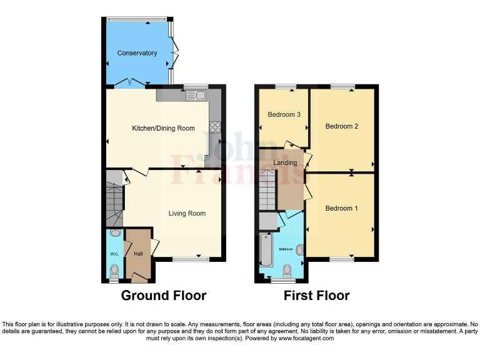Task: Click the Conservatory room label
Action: (x=137, y=53)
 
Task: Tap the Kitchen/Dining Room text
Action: (x=163, y=128)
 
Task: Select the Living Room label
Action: (x=187, y=213)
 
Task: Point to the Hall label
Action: (x=139, y=254)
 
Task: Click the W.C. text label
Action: (x=114, y=254)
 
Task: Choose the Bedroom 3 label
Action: (x=284, y=114)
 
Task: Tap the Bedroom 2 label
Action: (x=342, y=126)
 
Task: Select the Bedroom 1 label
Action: (x=341, y=208)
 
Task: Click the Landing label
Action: (x=286, y=162)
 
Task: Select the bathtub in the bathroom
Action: (x=266, y=254)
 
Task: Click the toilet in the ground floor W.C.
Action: (x=114, y=271)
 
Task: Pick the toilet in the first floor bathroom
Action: (x=287, y=270)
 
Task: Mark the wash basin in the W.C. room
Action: (x=114, y=234)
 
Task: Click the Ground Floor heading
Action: (x=163, y=296)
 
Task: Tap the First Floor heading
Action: (x=316, y=296)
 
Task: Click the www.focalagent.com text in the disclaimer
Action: (x=306, y=338)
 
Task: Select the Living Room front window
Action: (x=186, y=258)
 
